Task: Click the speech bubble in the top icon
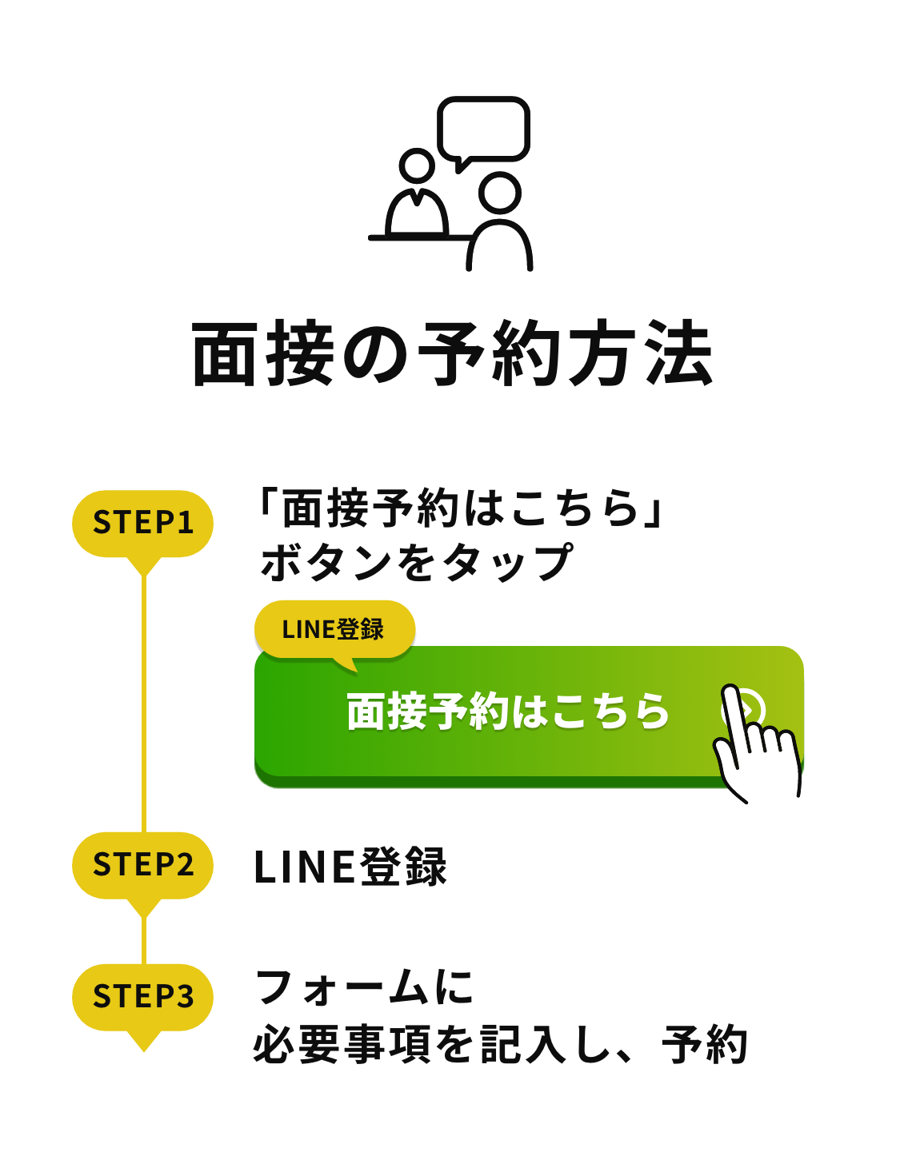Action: (x=484, y=130)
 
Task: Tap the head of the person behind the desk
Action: (x=416, y=165)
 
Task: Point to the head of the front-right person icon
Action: (x=501, y=193)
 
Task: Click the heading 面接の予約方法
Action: (x=451, y=354)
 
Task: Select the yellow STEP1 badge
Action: (x=143, y=523)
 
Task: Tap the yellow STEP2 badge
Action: (x=143, y=865)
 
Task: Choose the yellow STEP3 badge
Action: (x=143, y=997)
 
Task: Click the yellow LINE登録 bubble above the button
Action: (x=334, y=629)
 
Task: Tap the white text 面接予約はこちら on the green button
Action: (x=507, y=711)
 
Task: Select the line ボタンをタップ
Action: (x=416, y=562)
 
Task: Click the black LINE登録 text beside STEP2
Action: (x=350, y=867)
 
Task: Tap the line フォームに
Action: (x=364, y=988)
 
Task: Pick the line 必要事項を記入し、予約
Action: (x=500, y=1045)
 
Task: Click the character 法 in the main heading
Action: (x=679, y=354)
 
